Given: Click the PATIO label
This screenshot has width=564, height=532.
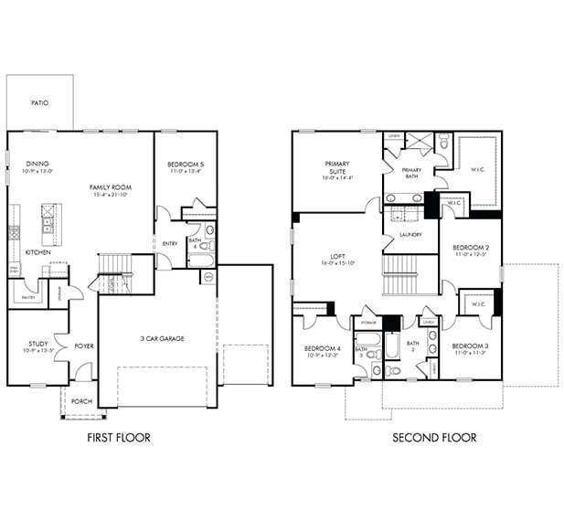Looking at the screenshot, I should point(38,103).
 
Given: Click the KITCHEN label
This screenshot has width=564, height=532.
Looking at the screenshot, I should point(37,251).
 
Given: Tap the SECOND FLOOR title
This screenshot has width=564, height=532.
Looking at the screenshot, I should point(434,438).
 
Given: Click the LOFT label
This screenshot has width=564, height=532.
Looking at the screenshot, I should point(336,259).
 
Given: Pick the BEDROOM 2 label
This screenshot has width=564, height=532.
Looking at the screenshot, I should point(471,250).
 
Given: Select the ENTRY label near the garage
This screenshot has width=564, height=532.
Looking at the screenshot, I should point(170,244).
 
